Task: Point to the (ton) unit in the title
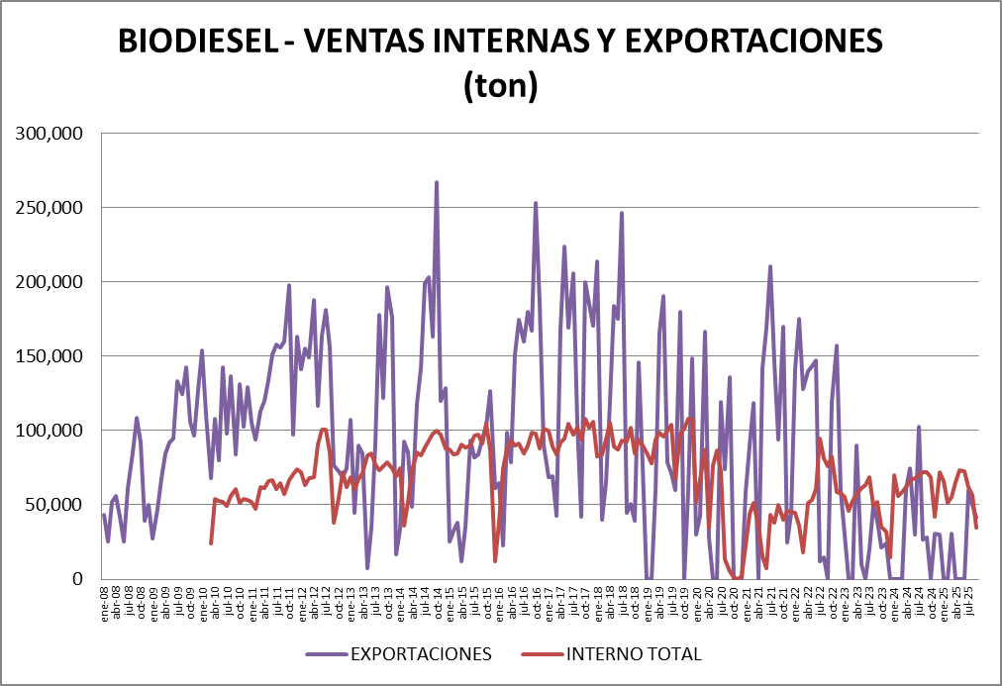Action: click(x=500, y=86)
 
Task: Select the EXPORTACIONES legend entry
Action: click(x=420, y=654)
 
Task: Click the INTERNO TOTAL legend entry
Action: click(x=634, y=654)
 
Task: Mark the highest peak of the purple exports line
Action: click(x=437, y=182)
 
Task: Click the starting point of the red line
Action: click(x=211, y=542)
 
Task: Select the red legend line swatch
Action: click(x=539, y=654)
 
